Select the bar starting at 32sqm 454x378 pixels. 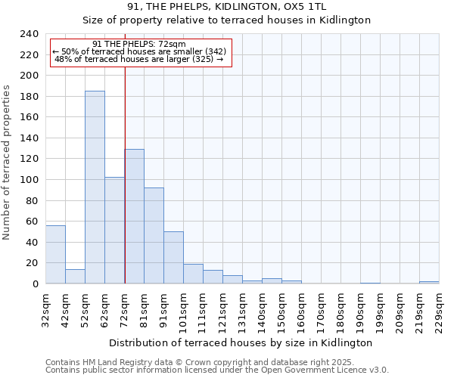55,254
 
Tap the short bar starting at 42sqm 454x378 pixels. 75,276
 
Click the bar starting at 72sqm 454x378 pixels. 135,216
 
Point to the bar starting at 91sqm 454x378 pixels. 173,257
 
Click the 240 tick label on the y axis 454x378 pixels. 29,34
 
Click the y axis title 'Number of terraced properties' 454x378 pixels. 7,163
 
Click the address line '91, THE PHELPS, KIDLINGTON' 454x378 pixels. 227,7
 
